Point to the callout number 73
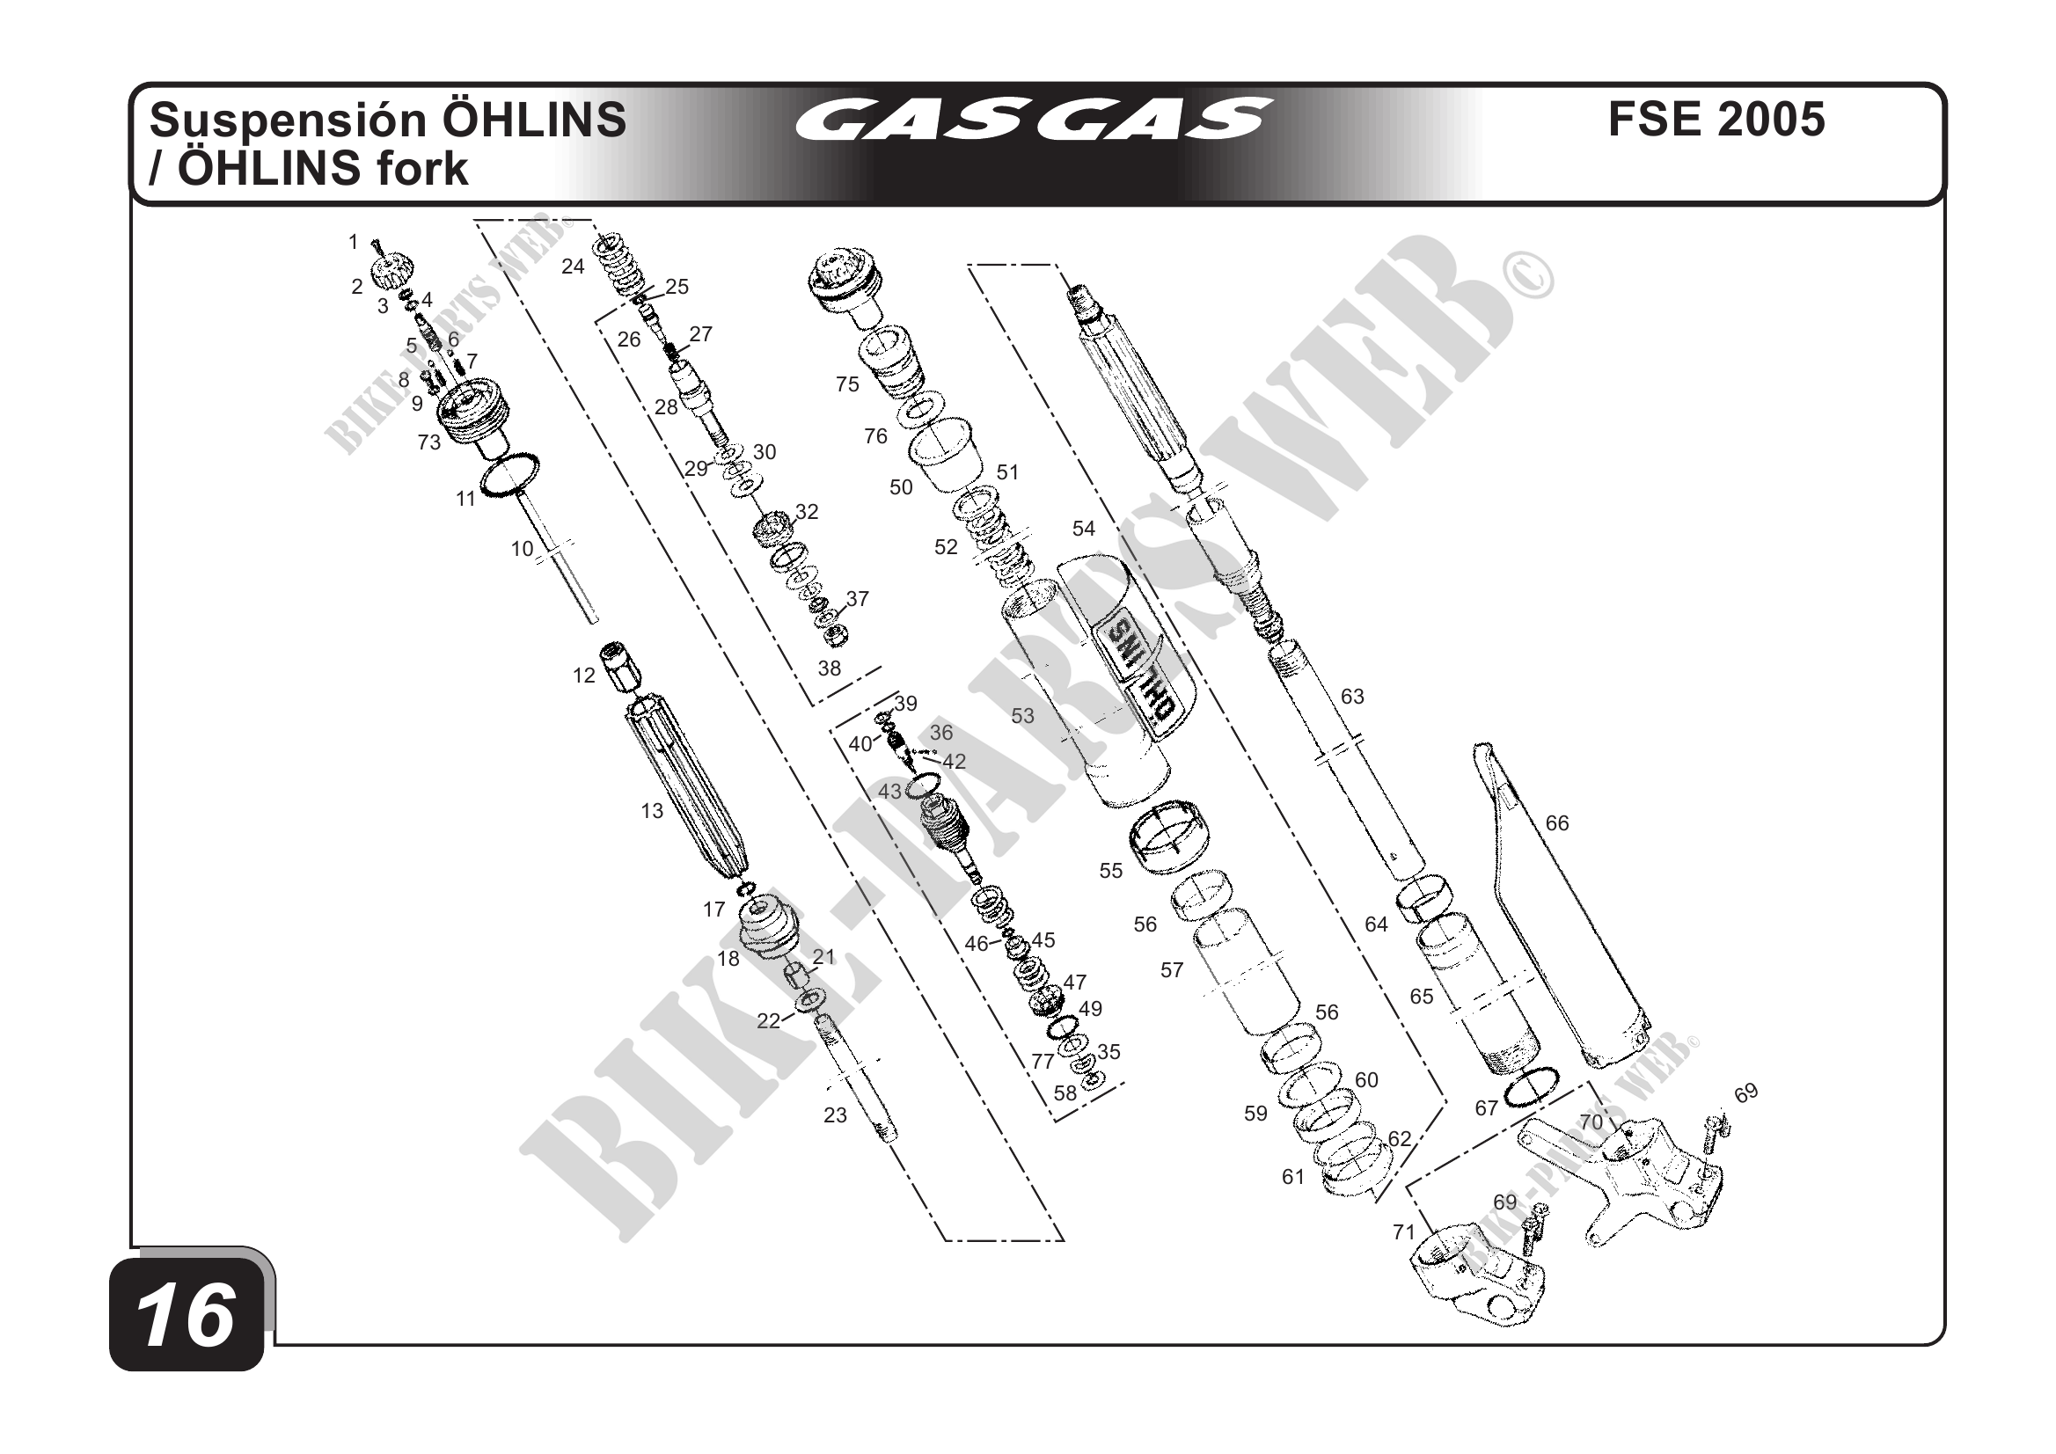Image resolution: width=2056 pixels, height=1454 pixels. point(429,442)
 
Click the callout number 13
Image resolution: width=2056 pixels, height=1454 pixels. point(652,811)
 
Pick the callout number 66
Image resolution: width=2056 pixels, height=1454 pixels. point(1557,822)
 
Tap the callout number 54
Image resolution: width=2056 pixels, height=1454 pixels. point(1084,530)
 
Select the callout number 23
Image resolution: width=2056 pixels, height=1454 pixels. point(836,1115)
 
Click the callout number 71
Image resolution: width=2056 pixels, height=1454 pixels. point(1404,1233)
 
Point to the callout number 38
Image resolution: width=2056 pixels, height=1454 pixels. point(830,668)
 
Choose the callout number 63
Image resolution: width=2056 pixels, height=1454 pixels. point(1352,697)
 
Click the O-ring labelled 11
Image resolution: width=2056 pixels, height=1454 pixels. point(510,473)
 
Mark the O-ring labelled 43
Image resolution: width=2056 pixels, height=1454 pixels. point(923,785)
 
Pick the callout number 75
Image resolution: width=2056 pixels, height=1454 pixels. point(847,384)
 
